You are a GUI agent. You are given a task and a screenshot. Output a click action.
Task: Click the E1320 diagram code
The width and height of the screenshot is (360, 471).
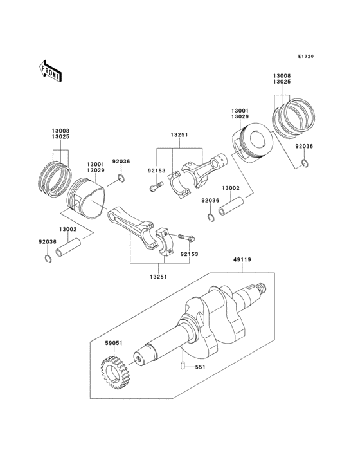[x=305, y=57]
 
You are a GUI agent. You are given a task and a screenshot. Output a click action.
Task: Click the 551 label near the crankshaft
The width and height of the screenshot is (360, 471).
[x=200, y=368]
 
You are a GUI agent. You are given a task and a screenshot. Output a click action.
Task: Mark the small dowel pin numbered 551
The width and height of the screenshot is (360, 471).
[x=184, y=367]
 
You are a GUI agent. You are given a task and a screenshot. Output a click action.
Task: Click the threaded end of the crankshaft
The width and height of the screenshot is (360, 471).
[x=260, y=291]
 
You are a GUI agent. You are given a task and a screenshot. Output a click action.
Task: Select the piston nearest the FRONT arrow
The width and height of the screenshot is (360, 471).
[x=89, y=196]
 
